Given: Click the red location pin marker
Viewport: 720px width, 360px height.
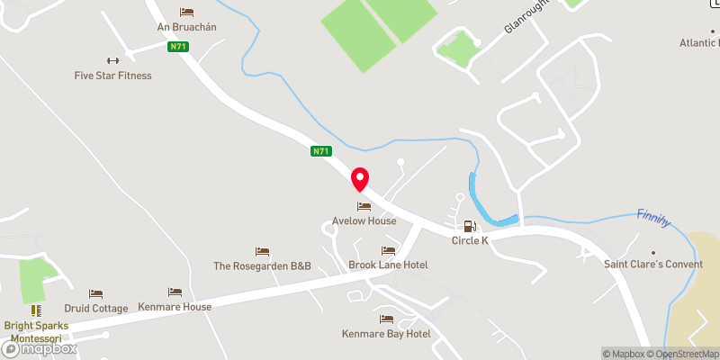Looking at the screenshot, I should point(360,179).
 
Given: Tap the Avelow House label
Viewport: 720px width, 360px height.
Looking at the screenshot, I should point(364,220).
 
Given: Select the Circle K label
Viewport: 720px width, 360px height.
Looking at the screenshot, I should point(469,240).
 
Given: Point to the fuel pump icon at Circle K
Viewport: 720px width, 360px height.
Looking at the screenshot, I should point(469,226).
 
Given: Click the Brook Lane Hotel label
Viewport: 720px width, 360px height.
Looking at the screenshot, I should point(388,265).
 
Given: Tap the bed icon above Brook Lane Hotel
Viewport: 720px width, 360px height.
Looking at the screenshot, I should point(388,250).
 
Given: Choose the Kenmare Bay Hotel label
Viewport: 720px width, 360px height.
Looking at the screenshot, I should point(386,334).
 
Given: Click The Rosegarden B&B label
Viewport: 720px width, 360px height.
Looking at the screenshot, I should point(262,265).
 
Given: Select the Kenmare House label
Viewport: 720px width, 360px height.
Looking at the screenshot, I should point(175,307).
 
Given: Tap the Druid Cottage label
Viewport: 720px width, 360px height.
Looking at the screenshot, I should point(96,307).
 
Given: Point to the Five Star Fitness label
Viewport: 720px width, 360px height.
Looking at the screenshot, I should point(112,76).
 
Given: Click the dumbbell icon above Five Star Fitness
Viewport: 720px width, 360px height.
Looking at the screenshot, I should point(112,60).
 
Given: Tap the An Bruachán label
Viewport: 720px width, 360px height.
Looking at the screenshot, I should point(187,27).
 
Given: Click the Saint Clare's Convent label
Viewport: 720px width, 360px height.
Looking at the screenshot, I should point(652,265).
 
